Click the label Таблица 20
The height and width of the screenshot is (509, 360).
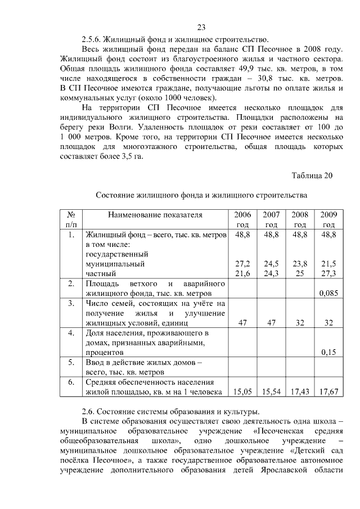(x=312, y=175)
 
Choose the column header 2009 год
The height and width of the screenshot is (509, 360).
(x=328, y=219)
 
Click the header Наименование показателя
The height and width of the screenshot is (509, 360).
(x=155, y=215)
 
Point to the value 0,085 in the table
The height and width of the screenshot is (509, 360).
(x=328, y=293)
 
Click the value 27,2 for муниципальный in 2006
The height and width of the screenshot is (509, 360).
(x=242, y=264)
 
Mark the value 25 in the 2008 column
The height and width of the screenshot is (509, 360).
(x=300, y=273)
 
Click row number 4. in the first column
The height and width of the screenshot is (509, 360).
(x=71, y=332)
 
